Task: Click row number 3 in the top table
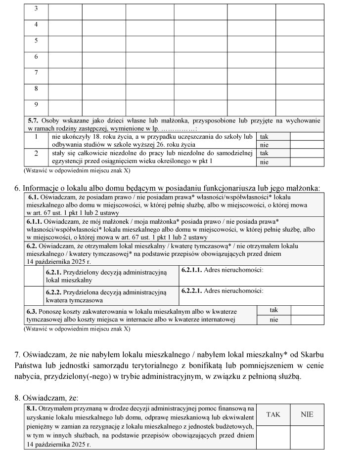(36, 9)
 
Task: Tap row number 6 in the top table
(36, 57)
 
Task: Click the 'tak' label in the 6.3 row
(273, 310)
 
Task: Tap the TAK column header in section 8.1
(273, 414)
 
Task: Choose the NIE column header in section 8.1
(307, 414)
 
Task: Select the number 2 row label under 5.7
(36, 153)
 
